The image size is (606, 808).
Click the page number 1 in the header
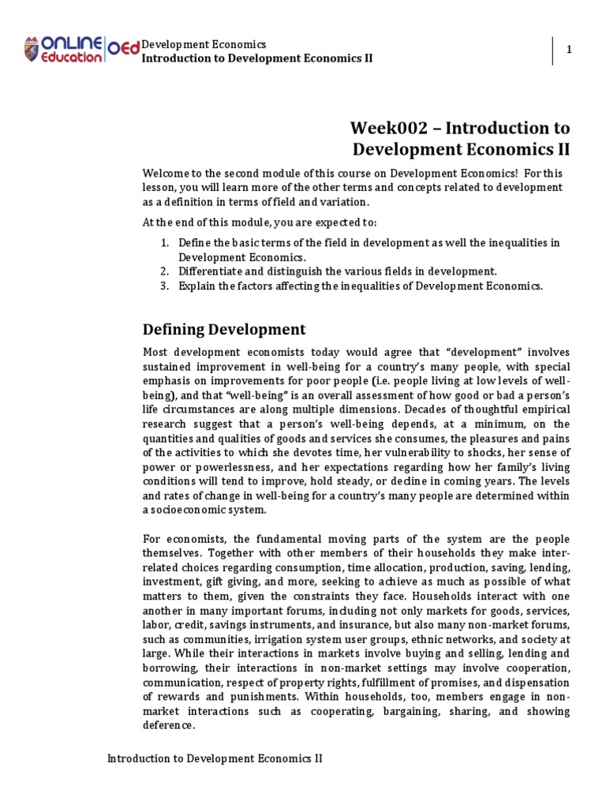click(x=568, y=50)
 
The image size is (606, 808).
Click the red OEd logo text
click(x=122, y=49)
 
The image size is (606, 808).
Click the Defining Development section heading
click(x=224, y=329)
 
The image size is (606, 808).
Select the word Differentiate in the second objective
click(x=209, y=271)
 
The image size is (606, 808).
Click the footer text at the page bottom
click(x=215, y=758)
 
